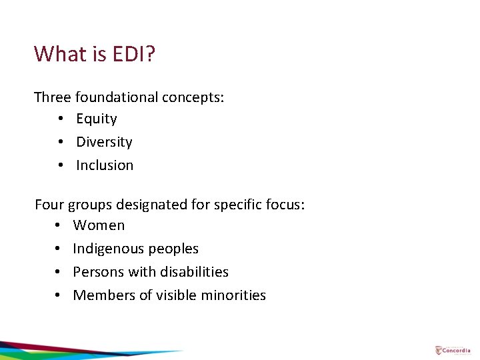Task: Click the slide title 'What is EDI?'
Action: (x=95, y=53)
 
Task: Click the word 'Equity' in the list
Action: (x=97, y=119)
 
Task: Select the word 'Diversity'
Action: (x=104, y=142)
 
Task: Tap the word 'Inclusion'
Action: (x=105, y=165)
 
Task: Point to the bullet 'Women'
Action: (x=99, y=225)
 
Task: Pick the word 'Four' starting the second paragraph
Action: (x=49, y=204)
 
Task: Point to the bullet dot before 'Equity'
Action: (x=60, y=119)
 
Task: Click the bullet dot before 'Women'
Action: (x=59, y=226)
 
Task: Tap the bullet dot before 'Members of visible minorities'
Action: (x=59, y=296)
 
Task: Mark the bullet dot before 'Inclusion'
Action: (x=60, y=166)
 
